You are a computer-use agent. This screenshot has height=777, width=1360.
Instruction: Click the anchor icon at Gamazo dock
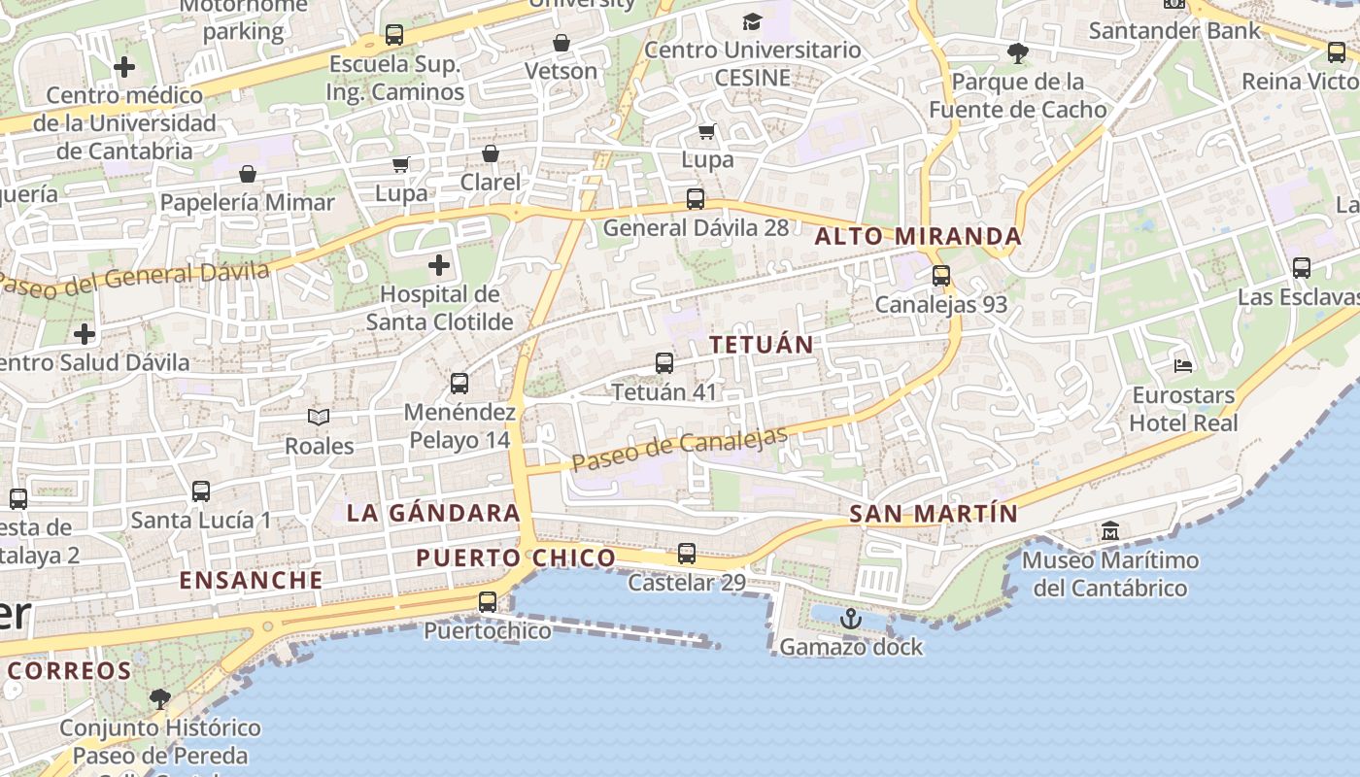(851, 618)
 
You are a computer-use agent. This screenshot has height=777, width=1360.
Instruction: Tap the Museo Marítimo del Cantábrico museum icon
(1110, 531)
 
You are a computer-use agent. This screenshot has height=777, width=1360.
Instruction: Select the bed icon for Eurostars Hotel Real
(1183, 366)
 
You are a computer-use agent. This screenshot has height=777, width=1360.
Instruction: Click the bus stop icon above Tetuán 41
(664, 363)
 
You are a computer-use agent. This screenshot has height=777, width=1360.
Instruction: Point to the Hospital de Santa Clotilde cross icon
(439, 264)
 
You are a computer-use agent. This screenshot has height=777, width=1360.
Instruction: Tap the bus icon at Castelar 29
(687, 554)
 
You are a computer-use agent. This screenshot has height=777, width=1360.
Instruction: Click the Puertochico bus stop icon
(488, 602)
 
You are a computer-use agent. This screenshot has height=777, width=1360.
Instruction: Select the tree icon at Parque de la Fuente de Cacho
(1017, 52)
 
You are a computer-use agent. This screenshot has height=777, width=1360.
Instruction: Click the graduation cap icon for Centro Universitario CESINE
(753, 21)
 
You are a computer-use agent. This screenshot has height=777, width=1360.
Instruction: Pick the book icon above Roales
(319, 417)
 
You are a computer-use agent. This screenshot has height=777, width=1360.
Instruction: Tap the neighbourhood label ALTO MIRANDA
(918, 236)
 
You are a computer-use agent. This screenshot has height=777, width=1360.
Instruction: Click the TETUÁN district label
(762, 345)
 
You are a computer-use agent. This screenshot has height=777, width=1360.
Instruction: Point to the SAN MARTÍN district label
(934, 514)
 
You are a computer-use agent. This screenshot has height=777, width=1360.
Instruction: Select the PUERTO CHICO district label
(516, 557)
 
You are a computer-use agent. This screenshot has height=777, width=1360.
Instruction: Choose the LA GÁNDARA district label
(433, 513)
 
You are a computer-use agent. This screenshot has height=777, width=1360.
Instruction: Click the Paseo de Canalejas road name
(679, 451)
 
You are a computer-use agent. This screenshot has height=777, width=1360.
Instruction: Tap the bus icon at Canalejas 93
(941, 276)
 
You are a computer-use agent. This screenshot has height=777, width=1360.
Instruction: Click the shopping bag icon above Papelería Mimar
(248, 174)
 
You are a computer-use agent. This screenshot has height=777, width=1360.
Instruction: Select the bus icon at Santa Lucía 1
(201, 491)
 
